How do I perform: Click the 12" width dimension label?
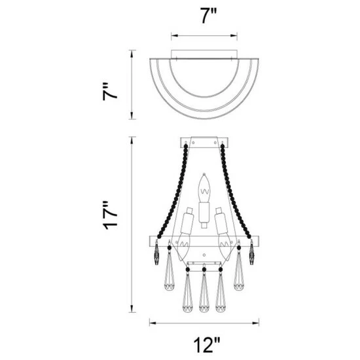(x=207, y=345)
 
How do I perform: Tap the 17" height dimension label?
(x=110, y=215)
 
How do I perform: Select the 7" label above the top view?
(x=208, y=16)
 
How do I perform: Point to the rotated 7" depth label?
(x=110, y=91)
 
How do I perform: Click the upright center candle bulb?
(x=204, y=189)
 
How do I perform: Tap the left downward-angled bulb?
(x=185, y=247)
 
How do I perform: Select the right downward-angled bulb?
(x=225, y=247)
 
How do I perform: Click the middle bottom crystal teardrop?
(x=204, y=291)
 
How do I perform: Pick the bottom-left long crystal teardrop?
(x=188, y=291)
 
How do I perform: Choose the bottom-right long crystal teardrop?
(x=221, y=291)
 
